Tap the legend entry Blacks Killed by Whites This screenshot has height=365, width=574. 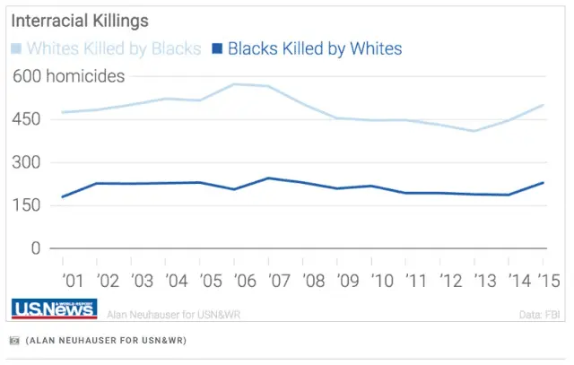click(x=306, y=48)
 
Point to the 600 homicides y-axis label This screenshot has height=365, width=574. click(x=68, y=77)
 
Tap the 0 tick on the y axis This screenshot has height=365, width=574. click(x=36, y=248)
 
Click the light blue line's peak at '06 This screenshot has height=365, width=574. click(x=235, y=84)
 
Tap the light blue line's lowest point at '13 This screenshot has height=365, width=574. click(x=474, y=131)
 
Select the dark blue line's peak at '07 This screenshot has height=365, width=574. click(x=269, y=178)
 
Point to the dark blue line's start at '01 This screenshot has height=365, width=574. click(x=62, y=196)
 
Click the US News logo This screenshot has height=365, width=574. click(x=55, y=309)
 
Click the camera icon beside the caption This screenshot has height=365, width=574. click(x=13, y=341)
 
